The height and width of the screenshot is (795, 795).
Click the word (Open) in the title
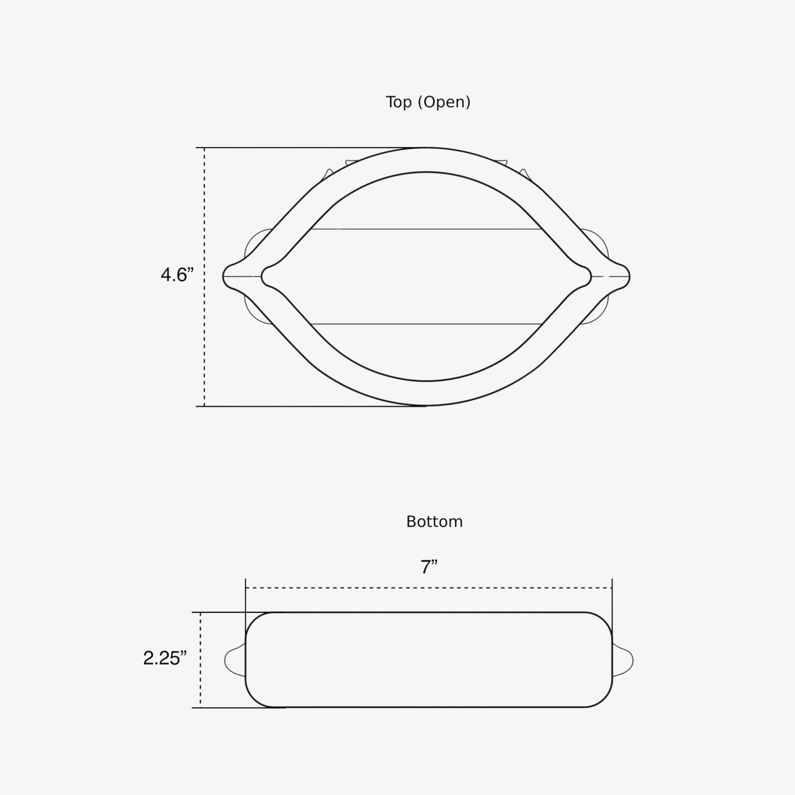[x=444, y=102]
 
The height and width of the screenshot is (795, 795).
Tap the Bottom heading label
[x=434, y=522]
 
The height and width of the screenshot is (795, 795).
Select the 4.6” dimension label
[x=177, y=274]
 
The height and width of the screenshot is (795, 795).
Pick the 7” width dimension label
[x=429, y=567]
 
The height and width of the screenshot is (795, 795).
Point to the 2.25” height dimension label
[x=165, y=658]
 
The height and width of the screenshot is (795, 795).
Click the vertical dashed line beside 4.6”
[x=204, y=277]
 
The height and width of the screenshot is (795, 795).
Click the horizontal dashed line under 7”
[x=429, y=588]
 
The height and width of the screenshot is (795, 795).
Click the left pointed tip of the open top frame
[x=223, y=276]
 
